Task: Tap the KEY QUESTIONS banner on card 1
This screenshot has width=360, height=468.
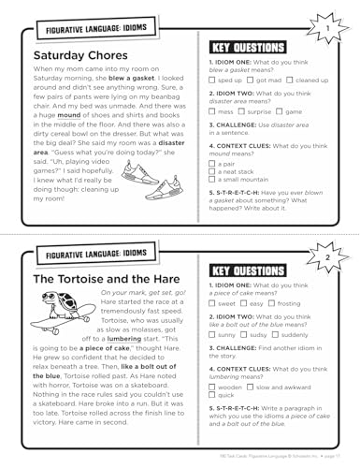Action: point(240,46)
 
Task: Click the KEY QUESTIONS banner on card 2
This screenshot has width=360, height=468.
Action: point(240,271)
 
